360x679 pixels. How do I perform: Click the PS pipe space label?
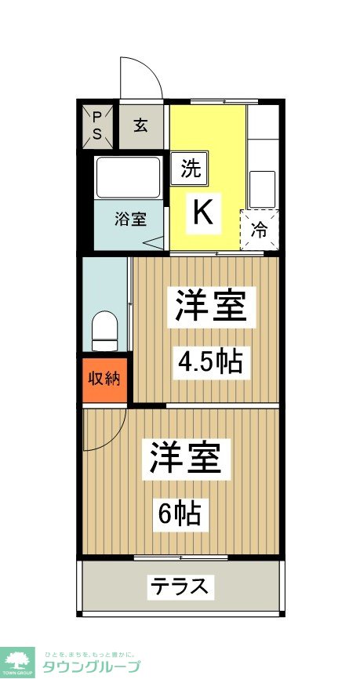tap(97, 125)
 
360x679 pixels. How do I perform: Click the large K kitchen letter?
tap(202, 212)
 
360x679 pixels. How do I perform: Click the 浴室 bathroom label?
tap(131, 218)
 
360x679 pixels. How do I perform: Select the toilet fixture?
tap(104, 331)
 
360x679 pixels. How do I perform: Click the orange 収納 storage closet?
tap(104, 379)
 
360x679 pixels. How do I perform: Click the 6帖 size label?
tap(182, 514)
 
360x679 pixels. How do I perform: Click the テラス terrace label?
tap(180, 586)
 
